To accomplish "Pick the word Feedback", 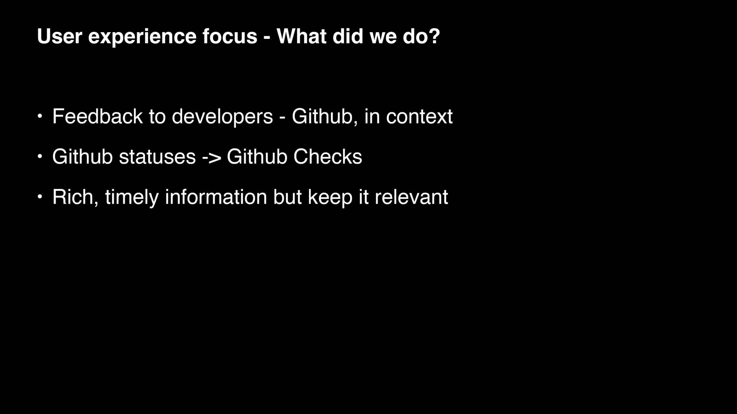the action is tap(97, 116).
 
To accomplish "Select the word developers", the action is tap(222, 118).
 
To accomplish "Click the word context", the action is tap(419, 117).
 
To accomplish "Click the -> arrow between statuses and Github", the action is tap(212, 158).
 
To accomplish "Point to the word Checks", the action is tap(327, 157).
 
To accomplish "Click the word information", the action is tap(216, 197).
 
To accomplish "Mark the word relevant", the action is tap(411, 197).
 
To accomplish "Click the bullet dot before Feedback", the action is tap(40, 116).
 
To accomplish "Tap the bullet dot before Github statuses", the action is tap(40, 157).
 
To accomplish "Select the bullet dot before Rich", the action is tap(40, 197).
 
